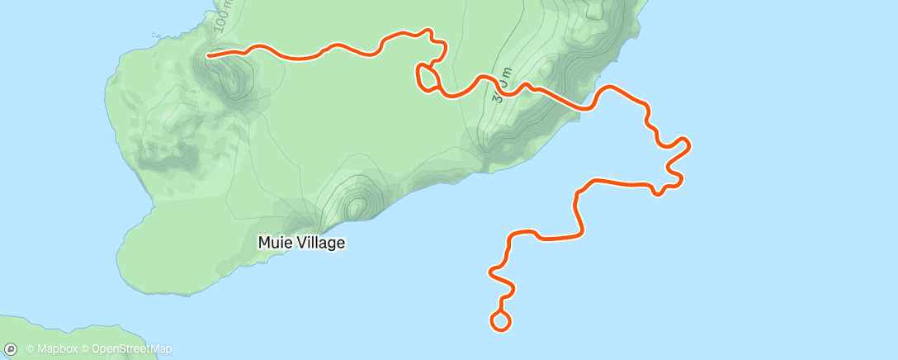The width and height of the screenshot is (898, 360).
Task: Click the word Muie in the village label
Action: [275, 244]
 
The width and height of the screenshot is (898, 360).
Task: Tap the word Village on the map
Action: [319, 244]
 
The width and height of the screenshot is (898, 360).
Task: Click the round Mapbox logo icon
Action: [11, 349]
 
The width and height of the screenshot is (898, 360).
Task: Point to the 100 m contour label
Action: [222, 17]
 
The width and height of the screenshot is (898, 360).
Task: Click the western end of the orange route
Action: [208, 56]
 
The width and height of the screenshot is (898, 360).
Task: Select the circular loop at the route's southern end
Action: [500, 320]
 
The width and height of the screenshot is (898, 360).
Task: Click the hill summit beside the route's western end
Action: [233, 74]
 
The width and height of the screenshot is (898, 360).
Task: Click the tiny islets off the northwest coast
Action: [157, 36]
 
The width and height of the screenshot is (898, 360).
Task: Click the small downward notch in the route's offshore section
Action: [658, 193]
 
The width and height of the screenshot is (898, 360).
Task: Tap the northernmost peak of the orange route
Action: [428, 31]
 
